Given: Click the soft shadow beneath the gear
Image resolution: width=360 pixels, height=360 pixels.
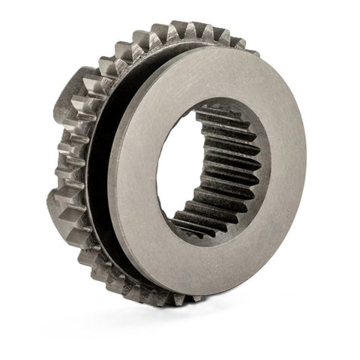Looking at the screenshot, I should coord(187,319).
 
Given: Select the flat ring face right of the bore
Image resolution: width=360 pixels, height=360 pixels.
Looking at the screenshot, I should coord(289,172).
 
